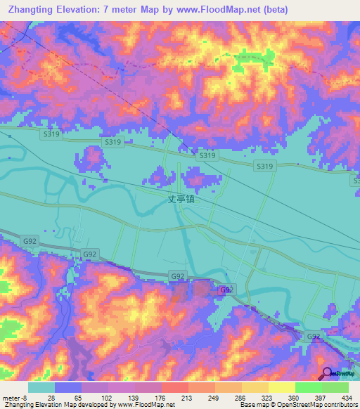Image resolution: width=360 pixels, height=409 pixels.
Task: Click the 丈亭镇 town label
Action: tap(181, 199)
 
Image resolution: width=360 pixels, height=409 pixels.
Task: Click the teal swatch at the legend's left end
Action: tap(41, 387)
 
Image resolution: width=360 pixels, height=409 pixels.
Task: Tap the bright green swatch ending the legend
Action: tap(335, 387)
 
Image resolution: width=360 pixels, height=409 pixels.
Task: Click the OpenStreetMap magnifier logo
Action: tap(326, 374)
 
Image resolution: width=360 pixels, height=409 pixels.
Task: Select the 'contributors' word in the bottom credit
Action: tap(339, 405)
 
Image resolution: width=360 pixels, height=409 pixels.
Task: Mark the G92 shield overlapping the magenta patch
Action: tap(225, 290)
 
